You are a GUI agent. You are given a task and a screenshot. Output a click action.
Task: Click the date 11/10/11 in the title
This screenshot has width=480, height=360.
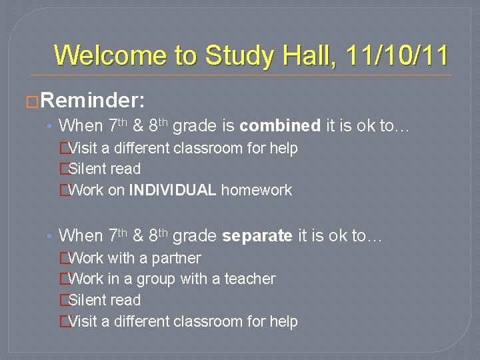pyautogui.click(x=398, y=55)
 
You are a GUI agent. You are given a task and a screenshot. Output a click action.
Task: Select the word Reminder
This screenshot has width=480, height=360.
pyautogui.click(x=93, y=101)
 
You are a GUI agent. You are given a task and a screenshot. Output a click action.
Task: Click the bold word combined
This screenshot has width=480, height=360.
pyautogui.click(x=280, y=125)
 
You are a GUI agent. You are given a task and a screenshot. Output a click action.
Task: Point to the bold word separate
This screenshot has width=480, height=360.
pyautogui.click(x=257, y=235)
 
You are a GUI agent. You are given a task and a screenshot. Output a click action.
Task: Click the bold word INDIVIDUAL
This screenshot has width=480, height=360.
pyautogui.click(x=173, y=191)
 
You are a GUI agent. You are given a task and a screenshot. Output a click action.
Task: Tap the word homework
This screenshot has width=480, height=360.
pyautogui.click(x=257, y=191)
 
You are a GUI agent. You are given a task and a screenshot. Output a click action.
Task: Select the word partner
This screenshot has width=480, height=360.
pyautogui.click(x=176, y=258)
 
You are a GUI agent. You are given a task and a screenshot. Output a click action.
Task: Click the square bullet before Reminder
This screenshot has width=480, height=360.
pyautogui.click(x=30, y=101)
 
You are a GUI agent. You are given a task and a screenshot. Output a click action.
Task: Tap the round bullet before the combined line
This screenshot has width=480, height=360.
pyautogui.click(x=50, y=126)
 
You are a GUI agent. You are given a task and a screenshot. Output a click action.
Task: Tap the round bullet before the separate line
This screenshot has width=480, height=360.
pyautogui.click(x=50, y=236)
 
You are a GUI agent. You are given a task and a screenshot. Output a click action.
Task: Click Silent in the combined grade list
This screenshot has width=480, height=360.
pyautogui.click(x=87, y=169)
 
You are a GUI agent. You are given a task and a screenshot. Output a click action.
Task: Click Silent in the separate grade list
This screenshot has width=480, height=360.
pyautogui.click(x=87, y=300)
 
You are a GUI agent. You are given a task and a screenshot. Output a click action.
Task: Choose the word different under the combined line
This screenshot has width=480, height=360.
pyautogui.click(x=142, y=148)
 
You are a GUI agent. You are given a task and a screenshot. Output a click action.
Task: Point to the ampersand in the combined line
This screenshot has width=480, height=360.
pyautogui.click(x=138, y=126)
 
